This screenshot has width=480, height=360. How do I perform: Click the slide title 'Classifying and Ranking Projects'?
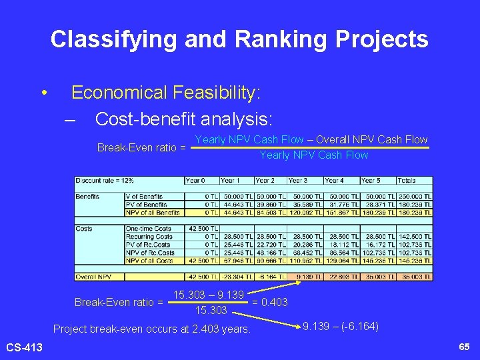click(x=239, y=39)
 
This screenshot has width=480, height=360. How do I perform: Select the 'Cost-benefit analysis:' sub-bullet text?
click(x=184, y=119)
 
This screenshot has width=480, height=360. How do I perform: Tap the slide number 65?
click(x=464, y=347)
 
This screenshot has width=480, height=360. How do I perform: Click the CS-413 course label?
click(x=24, y=347)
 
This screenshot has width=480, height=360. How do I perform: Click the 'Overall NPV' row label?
click(x=93, y=276)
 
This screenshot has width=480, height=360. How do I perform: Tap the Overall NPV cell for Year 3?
click(x=305, y=276)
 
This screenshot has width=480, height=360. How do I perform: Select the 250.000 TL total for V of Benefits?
click(x=414, y=197)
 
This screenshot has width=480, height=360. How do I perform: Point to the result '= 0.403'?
click(x=269, y=303)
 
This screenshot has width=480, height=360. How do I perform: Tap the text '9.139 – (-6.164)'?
click(x=340, y=327)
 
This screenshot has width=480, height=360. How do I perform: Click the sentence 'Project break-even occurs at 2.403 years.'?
click(x=151, y=329)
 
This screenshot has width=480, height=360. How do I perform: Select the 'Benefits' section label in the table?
click(x=88, y=197)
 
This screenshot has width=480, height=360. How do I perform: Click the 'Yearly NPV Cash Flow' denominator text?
click(x=313, y=155)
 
